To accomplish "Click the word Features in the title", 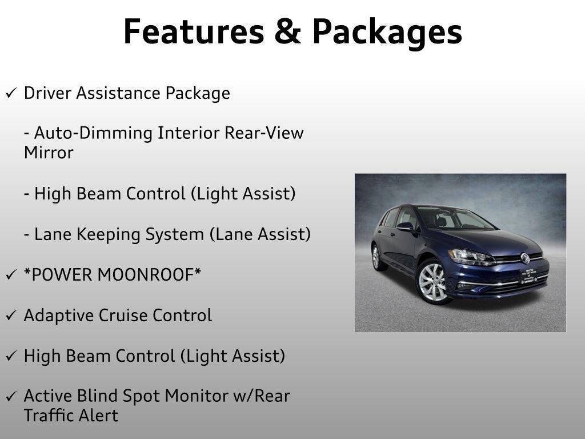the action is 194,31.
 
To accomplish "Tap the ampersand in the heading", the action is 288,31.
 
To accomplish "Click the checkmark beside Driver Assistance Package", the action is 11,93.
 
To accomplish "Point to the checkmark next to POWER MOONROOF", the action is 11,274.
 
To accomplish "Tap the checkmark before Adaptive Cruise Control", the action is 11,315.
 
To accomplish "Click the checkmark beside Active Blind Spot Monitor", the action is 11,396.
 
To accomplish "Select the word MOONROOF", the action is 149,275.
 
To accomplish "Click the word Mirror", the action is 49,153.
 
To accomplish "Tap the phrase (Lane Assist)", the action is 260,234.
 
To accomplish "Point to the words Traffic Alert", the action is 71,416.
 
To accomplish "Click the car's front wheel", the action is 434,281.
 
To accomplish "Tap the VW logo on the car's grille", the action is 525,258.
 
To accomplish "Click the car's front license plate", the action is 529,276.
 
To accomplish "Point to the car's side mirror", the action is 406,226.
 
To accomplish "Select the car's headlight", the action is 471,257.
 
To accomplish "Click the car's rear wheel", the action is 378,257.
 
